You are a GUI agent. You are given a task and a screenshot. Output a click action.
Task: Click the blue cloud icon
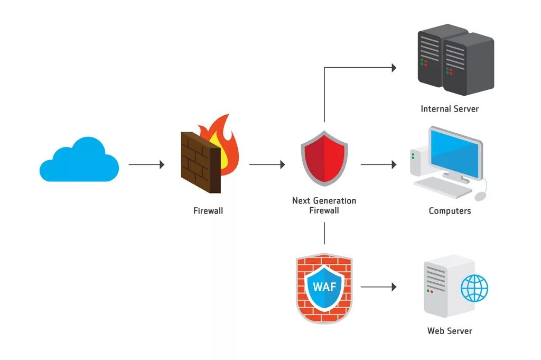pos(79,160)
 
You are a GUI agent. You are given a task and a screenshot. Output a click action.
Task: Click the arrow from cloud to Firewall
pos(147,164)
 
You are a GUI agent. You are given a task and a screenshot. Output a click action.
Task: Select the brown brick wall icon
pos(201,162)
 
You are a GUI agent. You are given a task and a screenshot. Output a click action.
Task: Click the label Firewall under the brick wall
pos(208,211)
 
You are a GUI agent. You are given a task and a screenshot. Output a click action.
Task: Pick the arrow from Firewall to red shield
pos(267,164)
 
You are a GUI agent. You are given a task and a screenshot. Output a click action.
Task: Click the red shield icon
pos(324,159)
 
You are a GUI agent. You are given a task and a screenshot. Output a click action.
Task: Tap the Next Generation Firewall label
pos(324,205)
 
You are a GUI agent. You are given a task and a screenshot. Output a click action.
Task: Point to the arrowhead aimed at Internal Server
pos(394,68)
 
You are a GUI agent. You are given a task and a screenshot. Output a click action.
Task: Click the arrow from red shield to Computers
pos(378,164)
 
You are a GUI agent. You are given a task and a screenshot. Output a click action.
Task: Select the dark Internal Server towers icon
pos(456,60)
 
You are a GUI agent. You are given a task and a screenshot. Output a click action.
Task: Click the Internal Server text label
pos(450,109)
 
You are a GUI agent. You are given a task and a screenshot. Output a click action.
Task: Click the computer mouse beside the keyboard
pos(480,197)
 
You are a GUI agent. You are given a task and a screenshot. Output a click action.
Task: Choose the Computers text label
pos(450,211)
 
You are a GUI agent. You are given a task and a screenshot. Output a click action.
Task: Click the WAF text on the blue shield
pos(324,287)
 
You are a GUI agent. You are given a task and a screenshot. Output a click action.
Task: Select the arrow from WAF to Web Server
pos(378,287)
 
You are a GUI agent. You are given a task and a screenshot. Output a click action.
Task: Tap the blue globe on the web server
pos(475,288)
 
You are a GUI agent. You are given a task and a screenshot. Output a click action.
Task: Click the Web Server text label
pos(450,331)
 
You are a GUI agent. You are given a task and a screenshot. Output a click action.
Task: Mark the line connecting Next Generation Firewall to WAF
pos(324,233)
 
